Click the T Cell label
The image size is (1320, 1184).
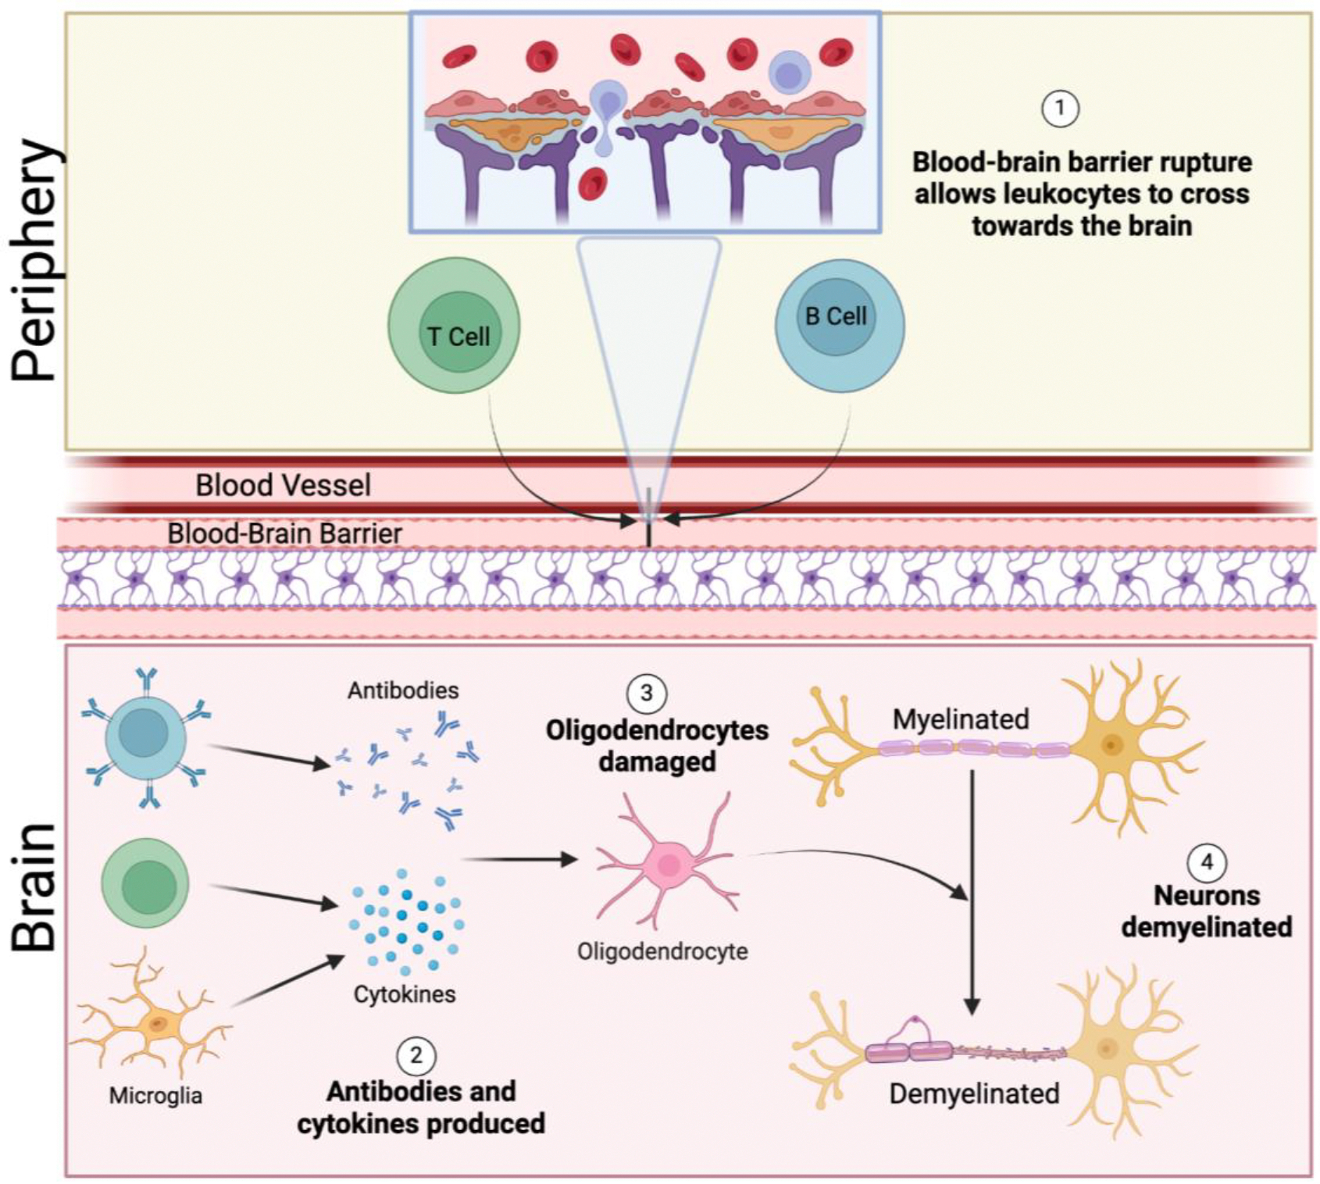click(458, 337)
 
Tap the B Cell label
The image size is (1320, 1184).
click(836, 316)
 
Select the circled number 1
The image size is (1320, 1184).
click(1060, 109)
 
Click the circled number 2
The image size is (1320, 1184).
click(416, 1056)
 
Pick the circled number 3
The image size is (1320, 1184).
click(646, 693)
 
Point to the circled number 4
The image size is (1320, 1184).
click(1206, 862)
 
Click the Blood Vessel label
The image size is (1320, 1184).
click(283, 485)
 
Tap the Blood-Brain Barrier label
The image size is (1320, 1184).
click(285, 533)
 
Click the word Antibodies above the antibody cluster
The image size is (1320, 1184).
click(403, 690)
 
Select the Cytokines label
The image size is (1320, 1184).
click(405, 994)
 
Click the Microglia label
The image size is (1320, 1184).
click(155, 1096)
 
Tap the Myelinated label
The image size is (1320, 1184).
click(961, 719)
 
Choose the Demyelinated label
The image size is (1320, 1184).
click(974, 1093)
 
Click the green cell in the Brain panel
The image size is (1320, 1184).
click(145, 884)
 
